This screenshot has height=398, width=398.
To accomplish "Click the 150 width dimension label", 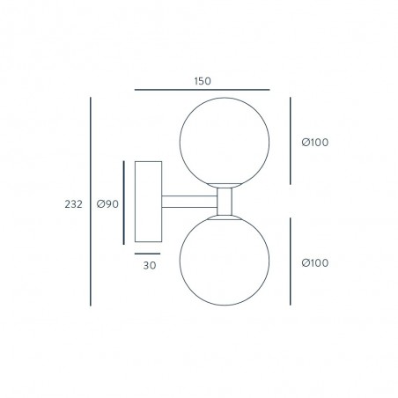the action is pos(203,81).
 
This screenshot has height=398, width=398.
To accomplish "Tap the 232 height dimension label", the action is pos(74,204).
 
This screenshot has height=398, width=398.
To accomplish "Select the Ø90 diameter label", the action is pos(107,203).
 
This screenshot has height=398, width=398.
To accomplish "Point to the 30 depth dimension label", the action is pos(150,265).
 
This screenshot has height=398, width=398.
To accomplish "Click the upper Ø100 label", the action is pos(315,143).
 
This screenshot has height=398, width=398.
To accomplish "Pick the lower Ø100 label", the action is pos(315,262).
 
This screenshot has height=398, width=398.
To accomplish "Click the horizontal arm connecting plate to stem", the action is pos(189,202).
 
